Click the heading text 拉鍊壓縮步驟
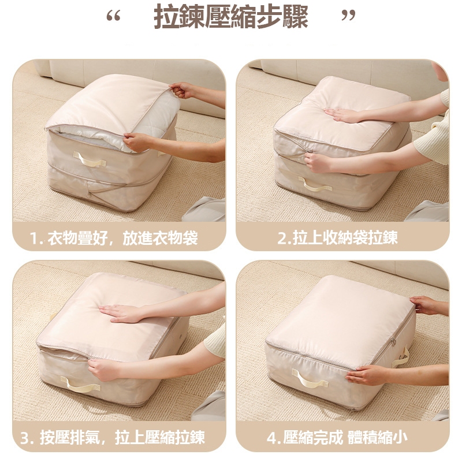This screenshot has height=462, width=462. (x=231, y=17)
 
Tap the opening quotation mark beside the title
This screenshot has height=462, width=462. (x=113, y=16)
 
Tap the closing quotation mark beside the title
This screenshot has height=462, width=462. (x=348, y=16)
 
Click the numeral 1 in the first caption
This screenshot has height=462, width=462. (x=35, y=239)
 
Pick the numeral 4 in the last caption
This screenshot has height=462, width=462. (x=271, y=438)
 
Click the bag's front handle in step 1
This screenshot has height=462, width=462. (x=90, y=159)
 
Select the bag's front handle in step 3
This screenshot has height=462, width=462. (x=80, y=385)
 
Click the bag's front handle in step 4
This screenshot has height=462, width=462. (x=310, y=378)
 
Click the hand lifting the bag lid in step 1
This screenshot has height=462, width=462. (x=182, y=90)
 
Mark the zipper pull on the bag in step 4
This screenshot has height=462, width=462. (x=393, y=342)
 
